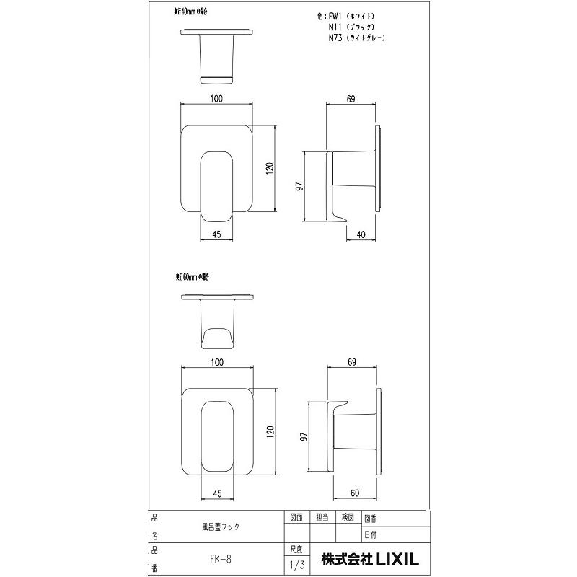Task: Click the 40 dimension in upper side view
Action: (361, 233)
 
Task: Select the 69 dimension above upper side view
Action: (351, 98)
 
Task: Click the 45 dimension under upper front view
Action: (216, 233)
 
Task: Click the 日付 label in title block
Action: (370, 534)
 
